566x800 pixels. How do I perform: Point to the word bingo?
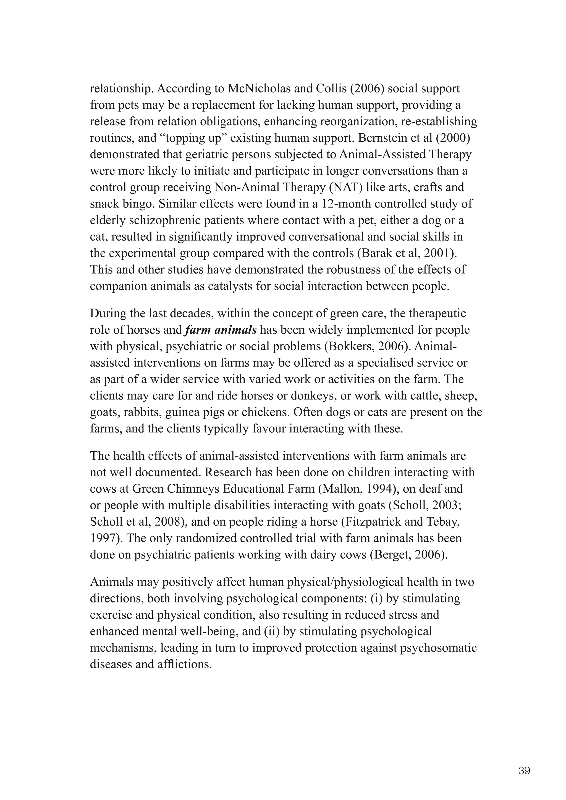point(137,204)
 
